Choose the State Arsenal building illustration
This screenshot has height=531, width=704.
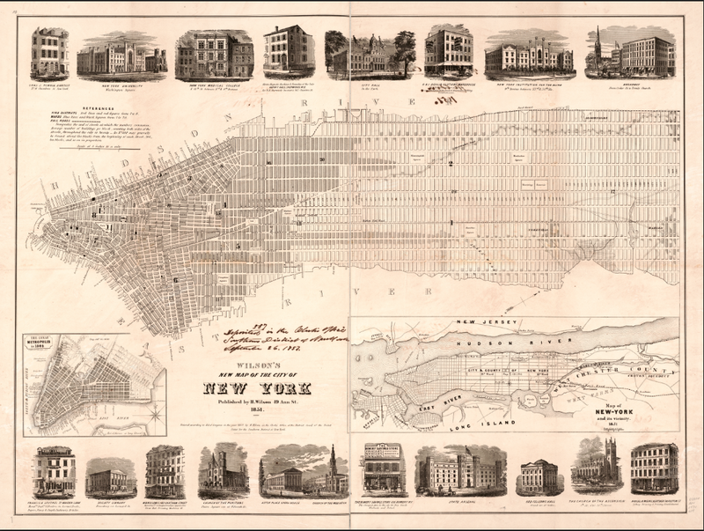pyautogui.click(x=460, y=473)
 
